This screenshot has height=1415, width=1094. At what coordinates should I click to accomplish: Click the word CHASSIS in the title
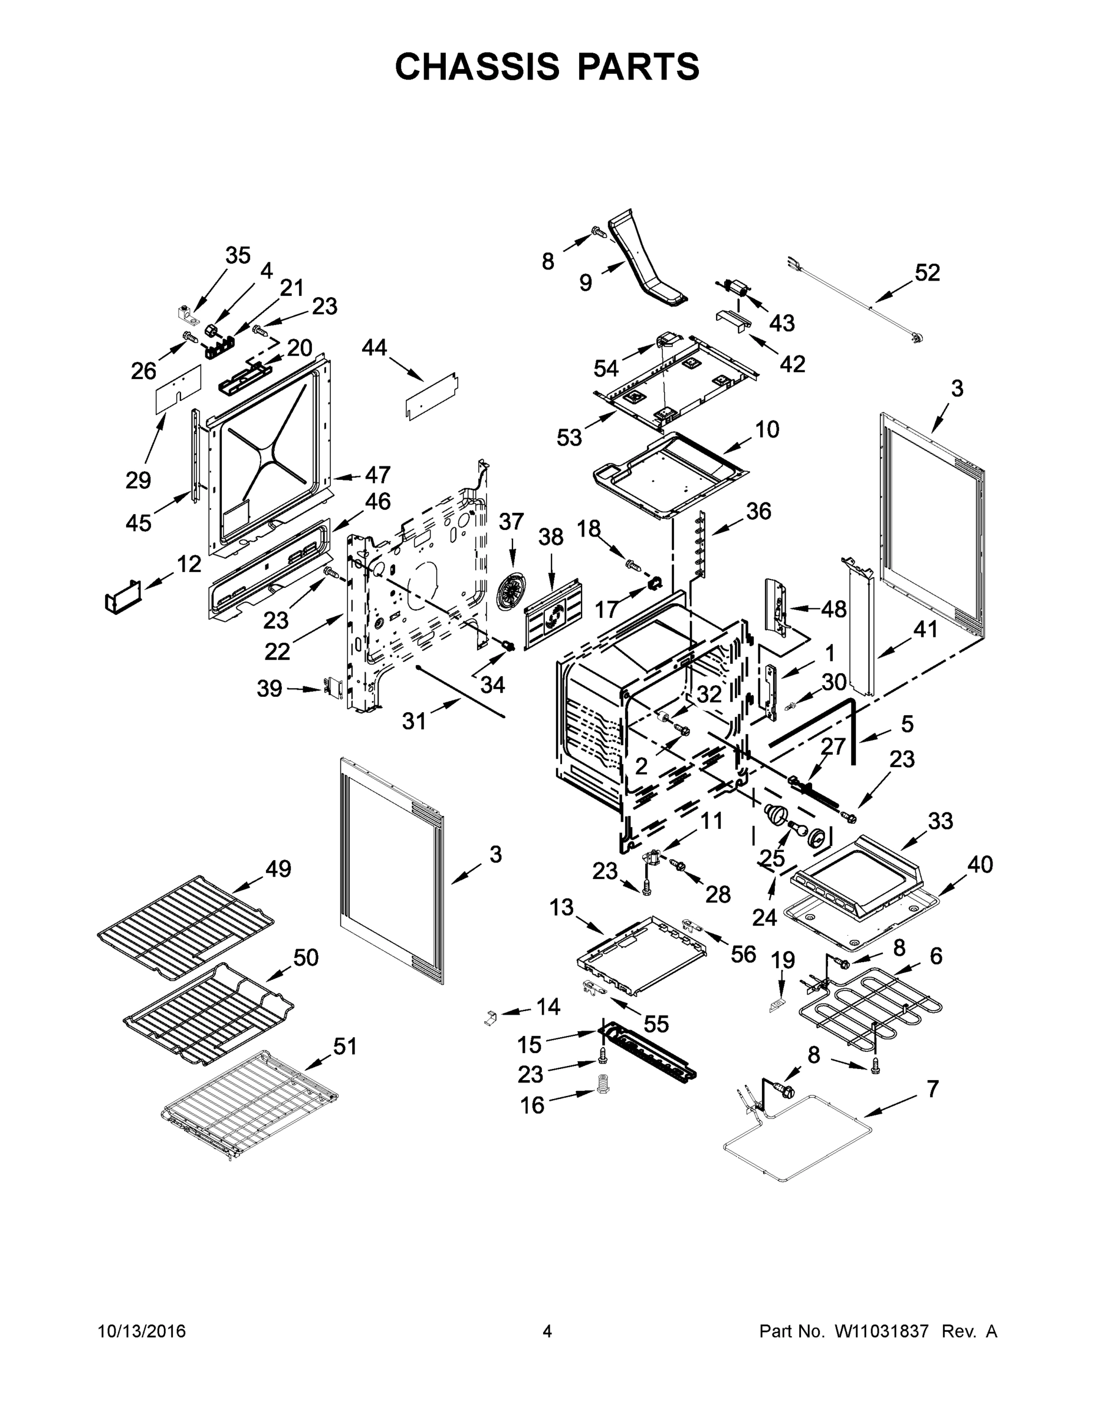[x=477, y=67]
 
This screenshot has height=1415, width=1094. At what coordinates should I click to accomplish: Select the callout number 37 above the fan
[x=511, y=522]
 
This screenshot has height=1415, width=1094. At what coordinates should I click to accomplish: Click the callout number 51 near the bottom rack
[x=345, y=1046]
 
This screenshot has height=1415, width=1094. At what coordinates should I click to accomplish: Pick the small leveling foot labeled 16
[x=604, y=1095]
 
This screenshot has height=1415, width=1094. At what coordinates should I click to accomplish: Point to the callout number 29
[x=138, y=480]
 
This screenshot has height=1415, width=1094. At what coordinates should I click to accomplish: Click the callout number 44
[x=374, y=347]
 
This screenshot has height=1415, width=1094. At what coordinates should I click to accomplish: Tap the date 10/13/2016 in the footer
[x=142, y=1331]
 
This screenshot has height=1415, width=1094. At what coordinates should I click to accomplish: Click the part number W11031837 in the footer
[x=882, y=1331]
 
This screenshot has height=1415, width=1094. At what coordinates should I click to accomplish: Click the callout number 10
[x=767, y=429]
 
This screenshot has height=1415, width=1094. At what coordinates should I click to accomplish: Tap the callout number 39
[x=270, y=688]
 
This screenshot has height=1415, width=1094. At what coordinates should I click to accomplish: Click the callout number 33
[x=941, y=821]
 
